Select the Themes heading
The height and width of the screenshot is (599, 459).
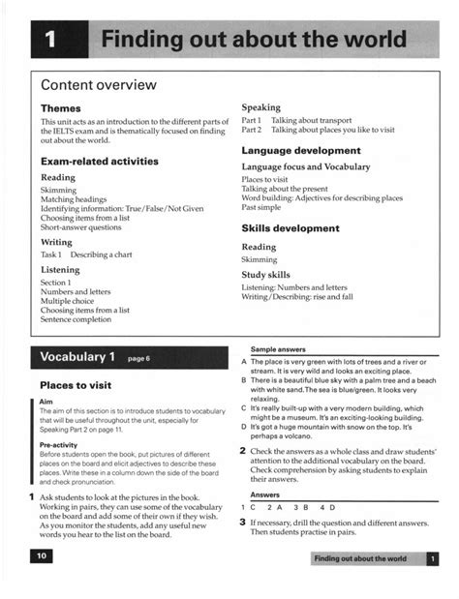pos(60,107)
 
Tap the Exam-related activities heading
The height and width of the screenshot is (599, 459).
pos(100,161)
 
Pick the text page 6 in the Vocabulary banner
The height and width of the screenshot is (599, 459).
pos(139,359)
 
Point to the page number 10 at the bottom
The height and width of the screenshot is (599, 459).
pos(42,556)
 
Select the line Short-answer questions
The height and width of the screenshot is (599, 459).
pos(80,227)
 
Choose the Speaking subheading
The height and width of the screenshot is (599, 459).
pos(261,107)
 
